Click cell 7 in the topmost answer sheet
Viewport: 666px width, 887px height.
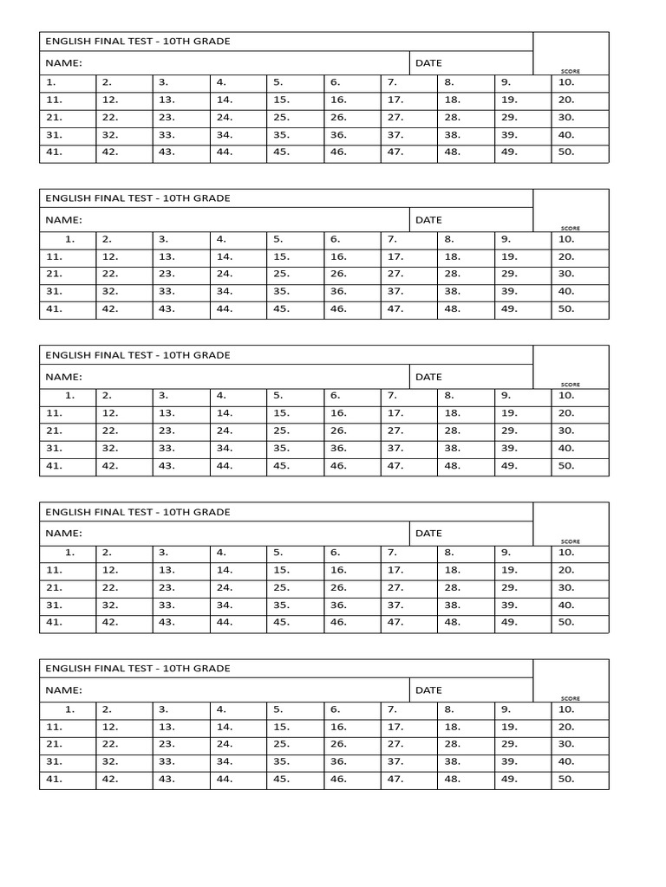[x=408, y=82]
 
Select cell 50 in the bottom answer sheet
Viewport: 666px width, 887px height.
[x=579, y=779]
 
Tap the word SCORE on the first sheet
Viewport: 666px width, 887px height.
[x=570, y=71]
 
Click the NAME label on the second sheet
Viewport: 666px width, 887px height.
[x=63, y=220]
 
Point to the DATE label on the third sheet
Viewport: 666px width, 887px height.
[x=428, y=377]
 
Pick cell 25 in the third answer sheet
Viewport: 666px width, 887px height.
[x=296, y=431]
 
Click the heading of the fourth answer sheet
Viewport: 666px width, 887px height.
[x=138, y=512]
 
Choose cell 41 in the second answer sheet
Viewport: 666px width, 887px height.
[x=68, y=308]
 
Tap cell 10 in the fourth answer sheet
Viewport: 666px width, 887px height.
[x=579, y=552]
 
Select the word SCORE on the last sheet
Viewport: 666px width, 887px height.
[x=570, y=698]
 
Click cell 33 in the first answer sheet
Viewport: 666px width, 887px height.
[x=181, y=134]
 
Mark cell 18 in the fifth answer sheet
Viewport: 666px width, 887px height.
[x=466, y=727]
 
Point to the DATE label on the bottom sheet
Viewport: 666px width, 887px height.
[x=428, y=690]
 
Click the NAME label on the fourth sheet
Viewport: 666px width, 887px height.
[x=63, y=534]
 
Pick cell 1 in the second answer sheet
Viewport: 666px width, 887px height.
[x=68, y=239]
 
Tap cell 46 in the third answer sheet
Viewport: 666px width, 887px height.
[x=352, y=465]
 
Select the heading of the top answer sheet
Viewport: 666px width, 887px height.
[x=138, y=42]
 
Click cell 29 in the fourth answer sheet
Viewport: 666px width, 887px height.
[x=523, y=587]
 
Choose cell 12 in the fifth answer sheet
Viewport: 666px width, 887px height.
[x=124, y=727]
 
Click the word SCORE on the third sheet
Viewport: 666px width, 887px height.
[x=570, y=385]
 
